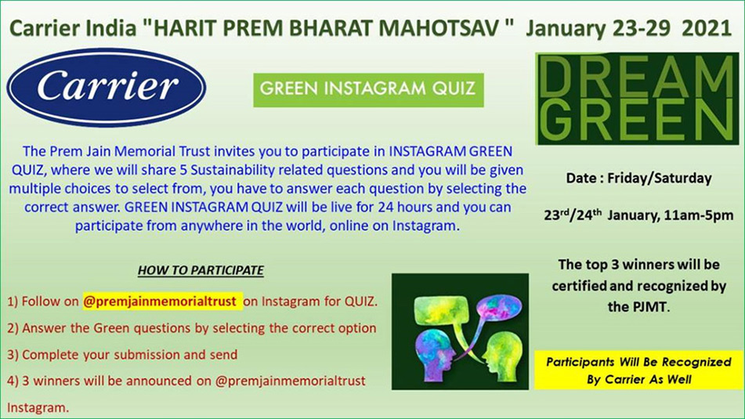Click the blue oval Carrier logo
(x=106, y=87)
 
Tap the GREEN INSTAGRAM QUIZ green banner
(x=368, y=89)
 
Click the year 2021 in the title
(x=706, y=28)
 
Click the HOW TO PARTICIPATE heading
(x=201, y=270)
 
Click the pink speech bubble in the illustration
(x=495, y=308)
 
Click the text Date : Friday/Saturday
(x=638, y=178)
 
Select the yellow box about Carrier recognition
(x=638, y=370)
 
